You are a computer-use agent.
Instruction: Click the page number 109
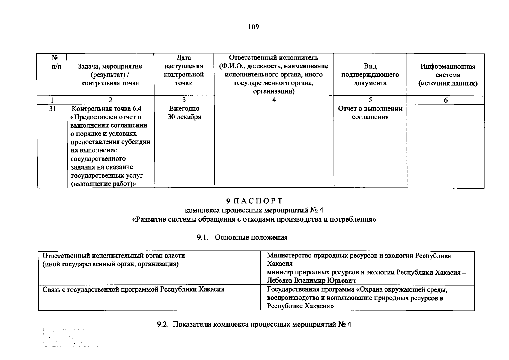point(254,27)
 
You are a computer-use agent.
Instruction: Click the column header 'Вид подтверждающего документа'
point(370,75)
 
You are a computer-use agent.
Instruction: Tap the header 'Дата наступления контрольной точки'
point(184,70)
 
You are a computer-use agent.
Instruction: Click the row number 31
point(52,109)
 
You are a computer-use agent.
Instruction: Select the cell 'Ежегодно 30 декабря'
point(184,113)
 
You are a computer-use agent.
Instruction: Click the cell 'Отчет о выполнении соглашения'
point(370,113)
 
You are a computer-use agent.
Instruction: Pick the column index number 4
point(274,100)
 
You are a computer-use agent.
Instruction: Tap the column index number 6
point(445,100)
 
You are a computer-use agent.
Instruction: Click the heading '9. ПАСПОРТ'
point(254,201)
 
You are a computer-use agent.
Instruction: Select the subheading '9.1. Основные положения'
point(242,238)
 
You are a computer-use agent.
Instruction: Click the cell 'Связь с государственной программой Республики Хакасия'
point(133,289)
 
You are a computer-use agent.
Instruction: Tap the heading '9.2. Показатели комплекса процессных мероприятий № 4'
point(254,324)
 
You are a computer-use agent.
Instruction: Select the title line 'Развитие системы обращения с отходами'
point(254,219)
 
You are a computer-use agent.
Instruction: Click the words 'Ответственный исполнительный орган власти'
point(114,256)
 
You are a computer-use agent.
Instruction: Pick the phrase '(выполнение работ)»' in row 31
point(103,184)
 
